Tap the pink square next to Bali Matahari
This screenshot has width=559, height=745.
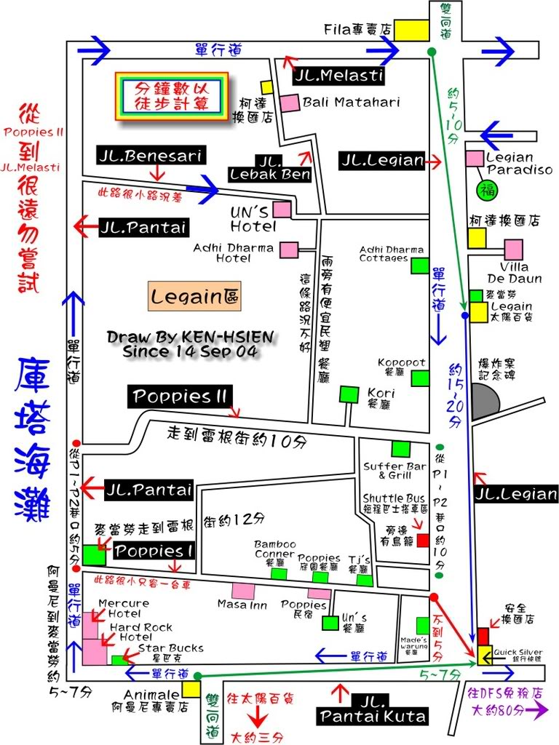[290, 103]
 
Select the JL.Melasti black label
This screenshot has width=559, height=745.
[339, 74]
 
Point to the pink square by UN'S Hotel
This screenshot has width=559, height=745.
[282, 210]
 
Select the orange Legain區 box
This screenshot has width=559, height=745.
[195, 296]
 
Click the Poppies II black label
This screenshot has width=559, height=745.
[181, 397]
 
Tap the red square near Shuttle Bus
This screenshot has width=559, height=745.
[423, 541]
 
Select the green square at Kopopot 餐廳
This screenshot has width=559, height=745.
[420, 378]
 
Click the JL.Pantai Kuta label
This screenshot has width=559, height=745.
[372, 708]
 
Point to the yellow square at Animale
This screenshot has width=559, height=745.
[192, 689]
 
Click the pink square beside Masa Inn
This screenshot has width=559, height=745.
[242, 592]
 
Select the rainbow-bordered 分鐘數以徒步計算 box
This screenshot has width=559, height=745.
[171, 96]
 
